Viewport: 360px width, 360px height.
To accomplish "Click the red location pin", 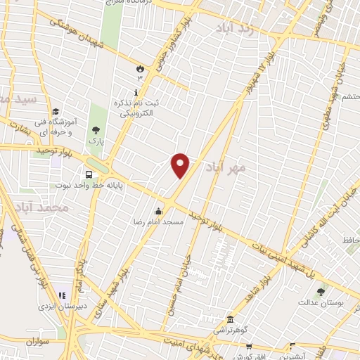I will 181,165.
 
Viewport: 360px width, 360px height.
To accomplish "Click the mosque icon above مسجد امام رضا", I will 159,210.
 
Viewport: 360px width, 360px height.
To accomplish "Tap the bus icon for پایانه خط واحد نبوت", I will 89,174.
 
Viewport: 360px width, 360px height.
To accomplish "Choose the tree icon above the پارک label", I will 96,130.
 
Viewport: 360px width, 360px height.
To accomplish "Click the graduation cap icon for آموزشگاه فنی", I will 56,110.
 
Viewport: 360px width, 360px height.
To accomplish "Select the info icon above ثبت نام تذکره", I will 136,92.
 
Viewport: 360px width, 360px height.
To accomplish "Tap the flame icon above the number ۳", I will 140,68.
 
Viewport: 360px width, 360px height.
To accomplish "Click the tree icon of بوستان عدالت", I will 321,292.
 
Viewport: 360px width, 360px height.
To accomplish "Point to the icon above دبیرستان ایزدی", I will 62,296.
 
